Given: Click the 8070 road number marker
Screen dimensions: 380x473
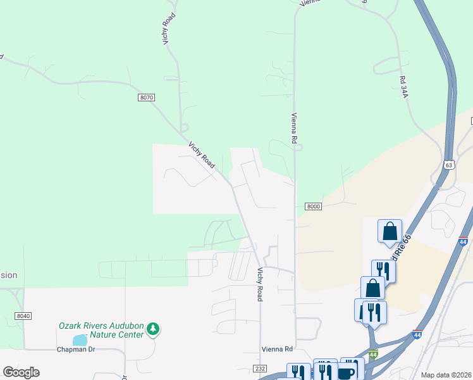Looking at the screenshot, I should [x=146, y=97].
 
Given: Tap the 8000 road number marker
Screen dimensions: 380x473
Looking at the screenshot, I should [x=313, y=206].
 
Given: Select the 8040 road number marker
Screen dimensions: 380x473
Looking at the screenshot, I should [x=24, y=316].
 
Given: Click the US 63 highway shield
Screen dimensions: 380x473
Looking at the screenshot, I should [x=448, y=165].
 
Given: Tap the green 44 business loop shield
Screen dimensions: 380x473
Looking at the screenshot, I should [x=373, y=354].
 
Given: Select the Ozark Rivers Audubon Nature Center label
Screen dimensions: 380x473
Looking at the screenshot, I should [x=101, y=329].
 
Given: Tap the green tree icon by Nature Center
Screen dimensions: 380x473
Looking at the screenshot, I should [x=152, y=329].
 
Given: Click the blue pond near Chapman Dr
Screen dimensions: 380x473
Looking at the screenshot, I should [x=80, y=340].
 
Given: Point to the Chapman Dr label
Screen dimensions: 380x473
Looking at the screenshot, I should [x=75, y=350].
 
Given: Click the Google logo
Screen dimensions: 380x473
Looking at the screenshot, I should [x=21, y=372].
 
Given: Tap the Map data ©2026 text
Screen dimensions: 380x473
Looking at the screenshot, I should [x=446, y=375].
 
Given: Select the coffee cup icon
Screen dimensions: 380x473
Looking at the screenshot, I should [x=347, y=372].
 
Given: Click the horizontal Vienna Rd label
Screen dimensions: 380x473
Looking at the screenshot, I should [x=277, y=349].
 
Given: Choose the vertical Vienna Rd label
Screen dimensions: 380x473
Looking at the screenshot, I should [x=294, y=127].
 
